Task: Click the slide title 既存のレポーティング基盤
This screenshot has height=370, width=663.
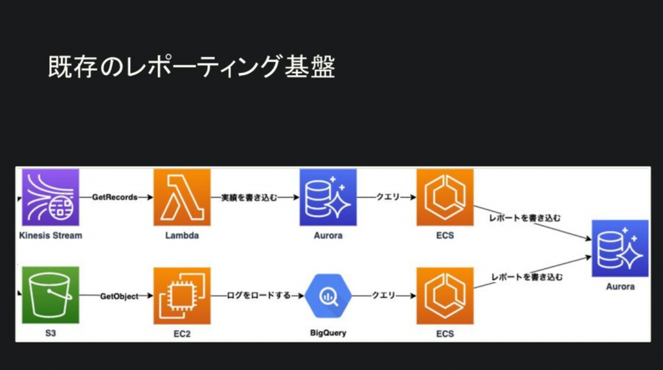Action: pyautogui.click(x=192, y=67)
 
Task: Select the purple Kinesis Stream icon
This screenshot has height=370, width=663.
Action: pyautogui.click(x=51, y=197)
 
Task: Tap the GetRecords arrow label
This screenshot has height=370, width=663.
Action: pyautogui.click(x=115, y=197)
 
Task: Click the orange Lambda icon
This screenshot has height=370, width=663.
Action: pyautogui.click(x=182, y=197)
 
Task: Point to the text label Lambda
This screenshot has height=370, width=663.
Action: pyautogui.click(x=182, y=235)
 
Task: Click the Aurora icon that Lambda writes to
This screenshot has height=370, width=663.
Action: pyautogui.click(x=328, y=197)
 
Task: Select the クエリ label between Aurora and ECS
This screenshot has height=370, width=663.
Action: pyautogui.click(x=387, y=197)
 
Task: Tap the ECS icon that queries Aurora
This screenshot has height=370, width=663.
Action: pyautogui.click(x=445, y=197)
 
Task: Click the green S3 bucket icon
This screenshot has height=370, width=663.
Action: pyautogui.click(x=51, y=296)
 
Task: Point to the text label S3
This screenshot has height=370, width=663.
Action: pyautogui.click(x=51, y=334)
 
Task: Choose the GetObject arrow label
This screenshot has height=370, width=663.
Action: pyautogui.click(x=118, y=296)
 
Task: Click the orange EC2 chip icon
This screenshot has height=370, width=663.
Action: pyautogui.click(x=182, y=296)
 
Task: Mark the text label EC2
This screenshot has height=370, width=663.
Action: pyautogui.click(x=182, y=334)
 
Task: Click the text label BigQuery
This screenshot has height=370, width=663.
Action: pyautogui.click(x=328, y=334)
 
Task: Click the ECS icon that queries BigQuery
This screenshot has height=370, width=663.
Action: pyautogui.click(x=445, y=296)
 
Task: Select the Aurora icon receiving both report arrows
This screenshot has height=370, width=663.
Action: pyautogui.click(x=620, y=248)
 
